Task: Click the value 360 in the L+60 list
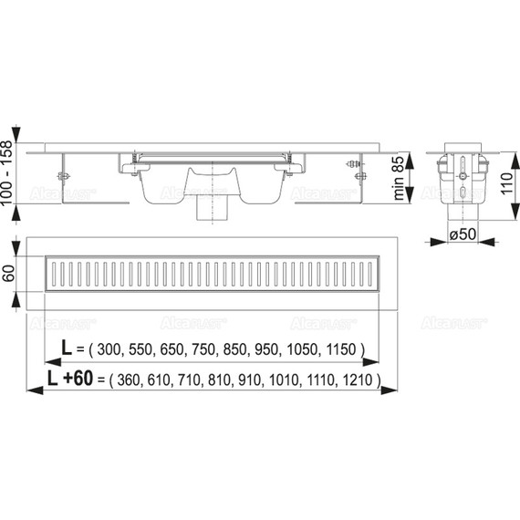(126, 378)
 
